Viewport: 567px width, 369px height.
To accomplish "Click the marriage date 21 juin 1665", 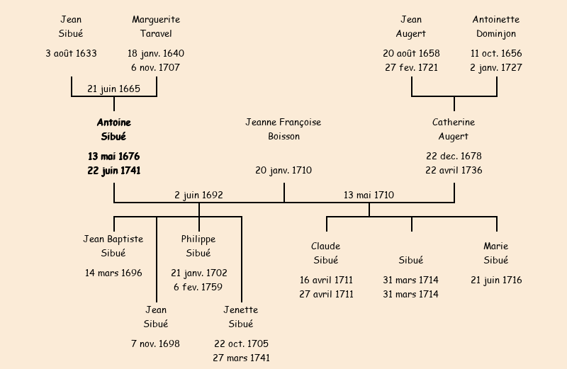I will (x=113, y=89).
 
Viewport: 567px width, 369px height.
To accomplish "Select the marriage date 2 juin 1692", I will (x=199, y=195).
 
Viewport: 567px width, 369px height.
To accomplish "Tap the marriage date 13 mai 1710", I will (x=369, y=195).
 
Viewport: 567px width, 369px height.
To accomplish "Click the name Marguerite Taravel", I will (x=156, y=26).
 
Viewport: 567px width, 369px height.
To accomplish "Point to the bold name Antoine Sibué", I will (x=113, y=129).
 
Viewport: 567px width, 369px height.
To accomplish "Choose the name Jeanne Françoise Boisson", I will (x=283, y=129).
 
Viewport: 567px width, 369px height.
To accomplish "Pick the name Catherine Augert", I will (x=454, y=129).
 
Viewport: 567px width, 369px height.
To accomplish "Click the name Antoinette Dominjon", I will (x=496, y=26).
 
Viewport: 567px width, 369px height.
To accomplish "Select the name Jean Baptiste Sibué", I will (x=113, y=246).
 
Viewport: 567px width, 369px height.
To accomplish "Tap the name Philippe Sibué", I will (x=198, y=246).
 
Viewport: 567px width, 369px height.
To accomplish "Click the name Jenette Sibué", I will (x=241, y=317).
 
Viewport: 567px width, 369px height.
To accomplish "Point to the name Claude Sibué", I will (x=326, y=253).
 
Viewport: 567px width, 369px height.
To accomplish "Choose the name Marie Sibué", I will (x=496, y=253).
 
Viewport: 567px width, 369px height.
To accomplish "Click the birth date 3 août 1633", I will (x=71, y=53).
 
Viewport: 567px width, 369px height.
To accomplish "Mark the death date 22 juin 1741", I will (x=113, y=170).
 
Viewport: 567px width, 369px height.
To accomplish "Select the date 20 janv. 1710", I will (x=283, y=170).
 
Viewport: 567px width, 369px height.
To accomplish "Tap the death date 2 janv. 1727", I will (x=496, y=67).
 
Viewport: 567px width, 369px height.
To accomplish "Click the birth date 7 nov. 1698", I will (x=156, y=344).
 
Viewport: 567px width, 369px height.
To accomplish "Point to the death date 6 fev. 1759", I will (x=198, y=287).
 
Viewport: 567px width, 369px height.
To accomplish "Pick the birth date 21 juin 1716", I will (x=496, y=280).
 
